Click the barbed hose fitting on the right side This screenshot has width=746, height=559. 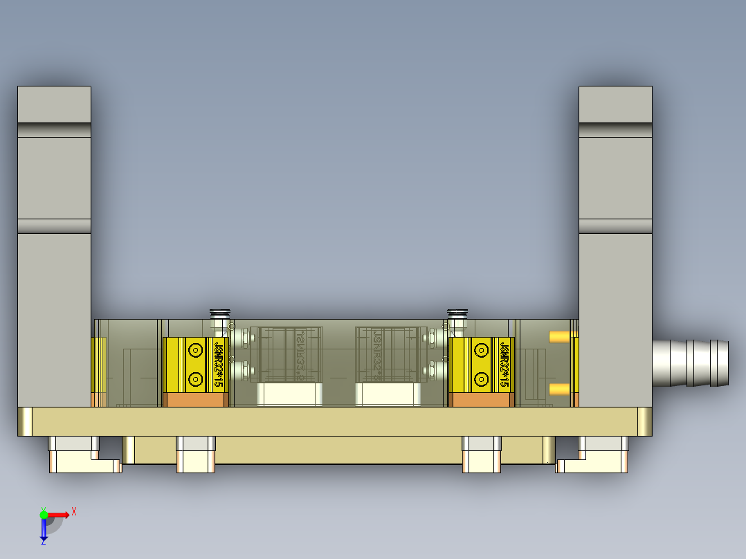tap(692, 363)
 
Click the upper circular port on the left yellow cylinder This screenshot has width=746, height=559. tap(195, 351)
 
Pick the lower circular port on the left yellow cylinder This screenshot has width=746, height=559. tap(195, 379)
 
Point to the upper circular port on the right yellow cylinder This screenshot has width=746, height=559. tap(481, 351)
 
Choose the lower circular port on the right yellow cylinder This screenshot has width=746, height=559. tap(481, 379)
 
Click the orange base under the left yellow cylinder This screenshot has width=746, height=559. tap(195, 400)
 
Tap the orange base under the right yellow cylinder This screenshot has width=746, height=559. tap(481, 400)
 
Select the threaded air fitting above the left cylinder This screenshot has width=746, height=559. tap(219, 320)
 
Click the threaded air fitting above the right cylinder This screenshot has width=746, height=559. tap(457, 320)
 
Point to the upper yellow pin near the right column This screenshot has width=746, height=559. tap(558, 337)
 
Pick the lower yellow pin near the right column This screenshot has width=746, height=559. tap(558, 390)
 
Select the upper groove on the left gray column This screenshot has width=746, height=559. tap(54, 130)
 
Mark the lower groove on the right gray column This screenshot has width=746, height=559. tap(615, 226)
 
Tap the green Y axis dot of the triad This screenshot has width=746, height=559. tap(44, 514)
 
